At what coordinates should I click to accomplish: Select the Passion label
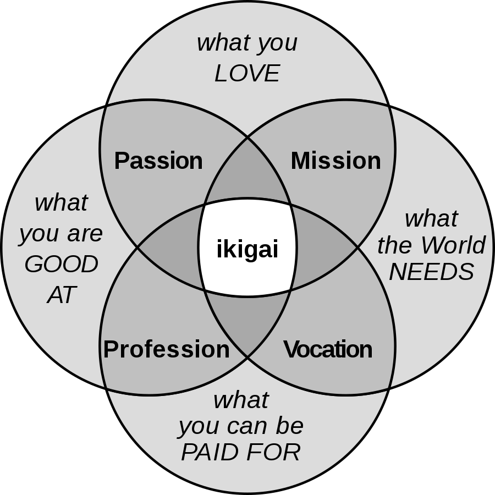(x=158, y=161)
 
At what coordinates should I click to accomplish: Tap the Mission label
(x=336, y=161)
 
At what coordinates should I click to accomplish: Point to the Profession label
(x=166, y=349)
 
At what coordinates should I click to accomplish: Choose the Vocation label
(x=328, y=349)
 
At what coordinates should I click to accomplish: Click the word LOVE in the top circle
(x=247, y=73)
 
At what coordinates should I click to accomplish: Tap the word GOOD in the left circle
(x=61, y=264)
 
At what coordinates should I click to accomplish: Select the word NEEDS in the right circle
(x=432, y=272)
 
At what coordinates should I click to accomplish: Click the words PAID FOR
(x=240, y=452)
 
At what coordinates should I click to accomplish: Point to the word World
(x=453, y=245)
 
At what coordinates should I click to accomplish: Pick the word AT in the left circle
(x=62, y=295)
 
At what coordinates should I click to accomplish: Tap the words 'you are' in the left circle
(x=61, y=234)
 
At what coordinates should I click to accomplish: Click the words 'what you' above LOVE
(x=247, y=43)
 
